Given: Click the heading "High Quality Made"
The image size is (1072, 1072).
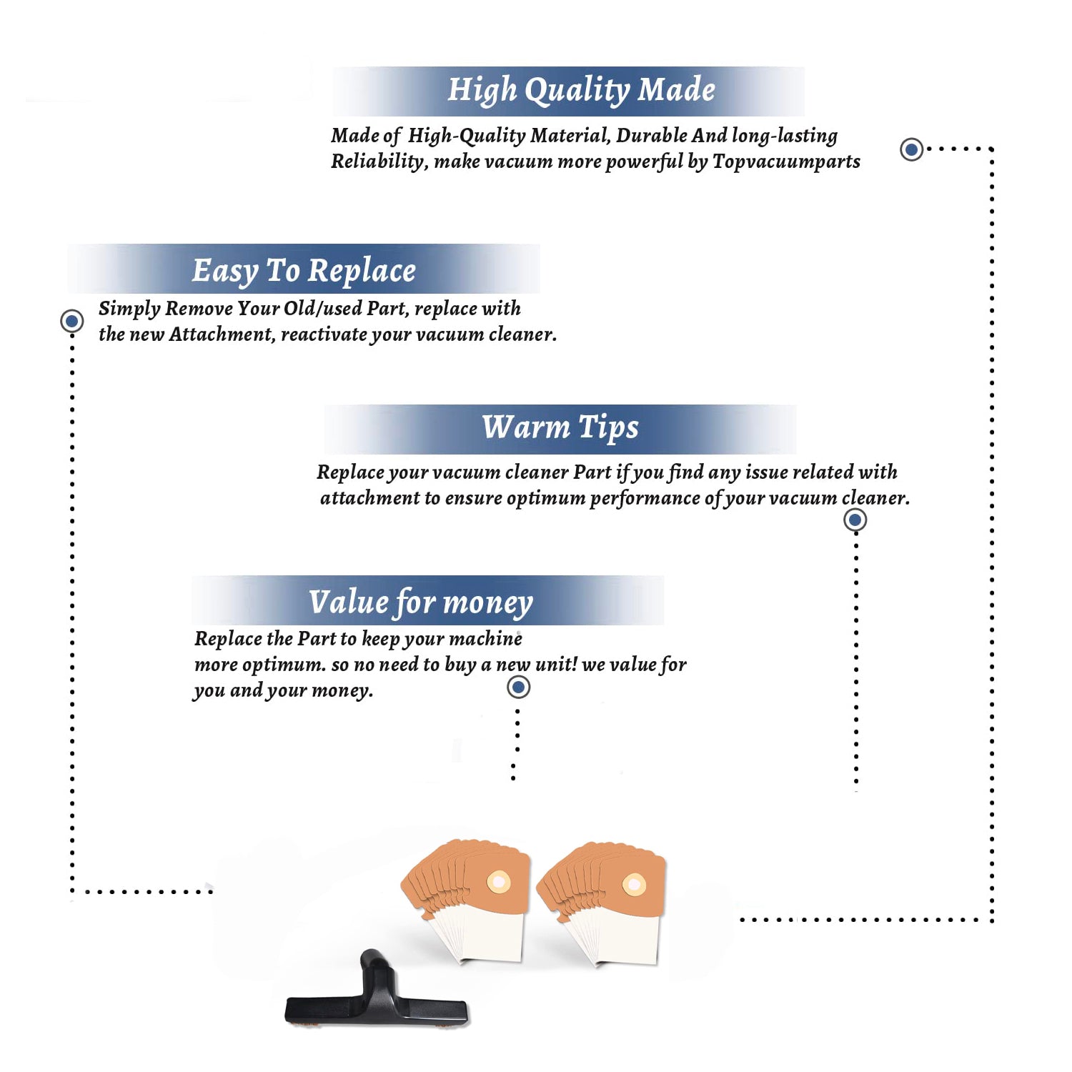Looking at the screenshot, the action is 581,91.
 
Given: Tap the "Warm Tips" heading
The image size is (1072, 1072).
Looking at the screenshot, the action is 560,428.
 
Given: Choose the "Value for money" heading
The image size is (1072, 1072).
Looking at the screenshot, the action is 421,602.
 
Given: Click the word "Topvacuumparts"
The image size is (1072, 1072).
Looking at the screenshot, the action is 786,162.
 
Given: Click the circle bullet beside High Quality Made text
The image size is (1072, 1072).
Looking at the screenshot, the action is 911,149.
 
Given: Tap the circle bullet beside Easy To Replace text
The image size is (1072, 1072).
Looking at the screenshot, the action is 71,321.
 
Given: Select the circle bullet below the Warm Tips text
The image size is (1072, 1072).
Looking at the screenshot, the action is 855,520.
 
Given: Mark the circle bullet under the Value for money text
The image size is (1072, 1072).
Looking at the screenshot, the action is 518,687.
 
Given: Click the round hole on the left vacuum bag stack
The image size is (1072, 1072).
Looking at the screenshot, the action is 498,882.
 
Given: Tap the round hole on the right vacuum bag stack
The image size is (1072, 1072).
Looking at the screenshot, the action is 634,885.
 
